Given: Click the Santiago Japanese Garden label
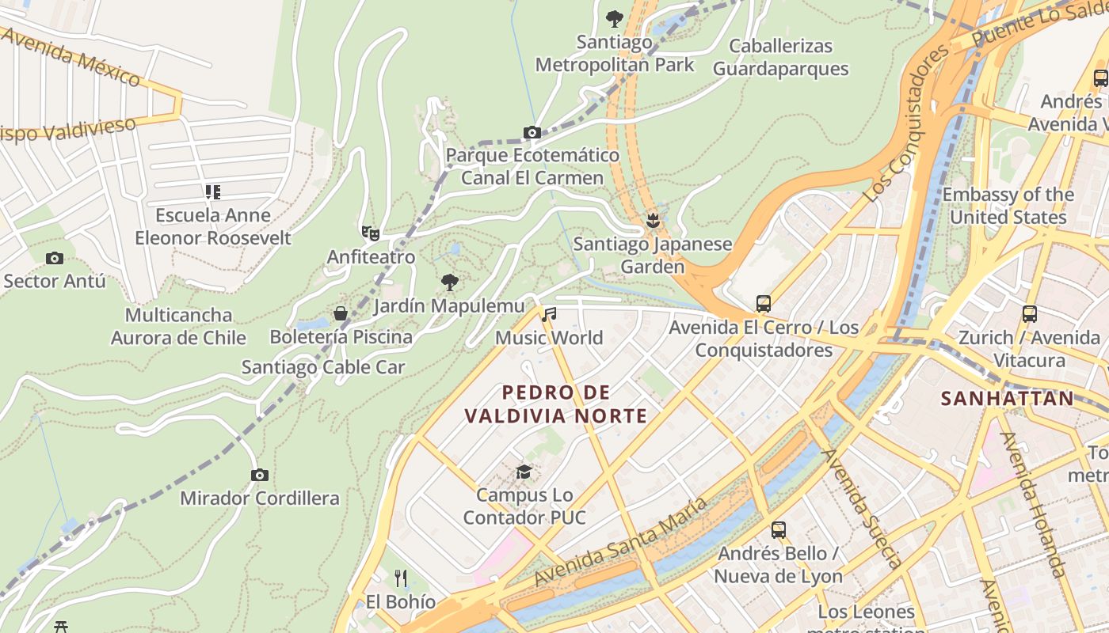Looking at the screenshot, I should (x=653, y=255).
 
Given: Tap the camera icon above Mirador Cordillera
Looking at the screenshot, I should (x=259, y=475).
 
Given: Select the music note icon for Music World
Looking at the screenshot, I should (x=549, y=314).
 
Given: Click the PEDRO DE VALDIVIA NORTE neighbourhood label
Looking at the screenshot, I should (x=556, y=404).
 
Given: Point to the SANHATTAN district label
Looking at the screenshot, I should (x=1007, y=398).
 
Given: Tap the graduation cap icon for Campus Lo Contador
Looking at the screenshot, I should (x=524, y=472).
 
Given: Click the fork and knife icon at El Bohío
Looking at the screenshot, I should (x=401, y=578).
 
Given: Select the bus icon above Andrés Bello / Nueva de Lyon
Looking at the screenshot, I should (x=779, y=530).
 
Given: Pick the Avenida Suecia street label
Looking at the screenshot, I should (x=862, y=506).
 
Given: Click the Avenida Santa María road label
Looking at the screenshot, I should (x=622, y=542).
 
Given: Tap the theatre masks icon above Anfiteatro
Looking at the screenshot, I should (x=370, y=233).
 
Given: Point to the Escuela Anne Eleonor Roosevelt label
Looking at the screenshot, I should (x=212, y=226).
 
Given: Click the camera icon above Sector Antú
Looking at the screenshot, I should (x=55, y=258).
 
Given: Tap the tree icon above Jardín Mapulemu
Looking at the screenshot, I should (x=450, y=282).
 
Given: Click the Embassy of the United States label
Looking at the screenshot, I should (x=1008, y=206).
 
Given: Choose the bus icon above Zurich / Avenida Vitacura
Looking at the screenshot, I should (x=1029, y=314).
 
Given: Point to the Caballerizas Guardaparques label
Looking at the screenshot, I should (x=780, y=57).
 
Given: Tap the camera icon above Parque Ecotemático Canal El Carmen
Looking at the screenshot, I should (x=532, y=132).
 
